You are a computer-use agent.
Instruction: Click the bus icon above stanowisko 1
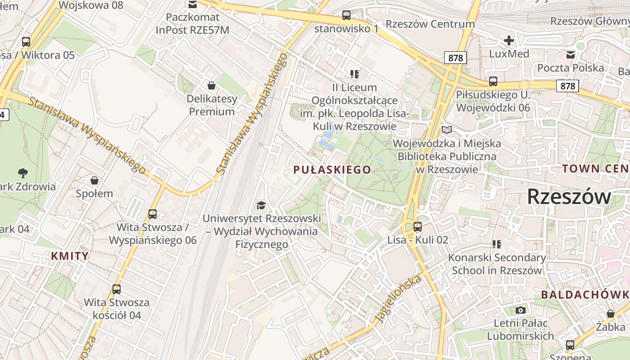[346, 15]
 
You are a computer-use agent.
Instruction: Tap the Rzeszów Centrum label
[430, 24]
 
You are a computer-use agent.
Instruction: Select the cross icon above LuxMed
[508, 41]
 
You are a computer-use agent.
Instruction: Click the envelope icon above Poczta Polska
[571, 55]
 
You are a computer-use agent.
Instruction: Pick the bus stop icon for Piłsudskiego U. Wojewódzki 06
[493, 81]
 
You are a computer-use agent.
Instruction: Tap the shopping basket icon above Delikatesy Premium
[211, 85]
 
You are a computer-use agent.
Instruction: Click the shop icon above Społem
[94, 180]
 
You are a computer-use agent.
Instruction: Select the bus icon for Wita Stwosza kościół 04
[117, 289]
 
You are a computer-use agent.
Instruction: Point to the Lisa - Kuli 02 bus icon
[418, 227]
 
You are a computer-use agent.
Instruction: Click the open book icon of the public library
[446, 130]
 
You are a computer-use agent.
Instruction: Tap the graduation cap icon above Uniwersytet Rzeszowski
[261, 206]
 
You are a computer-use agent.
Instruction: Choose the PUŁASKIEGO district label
[332, 170]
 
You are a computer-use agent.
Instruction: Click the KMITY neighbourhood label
[70, 256]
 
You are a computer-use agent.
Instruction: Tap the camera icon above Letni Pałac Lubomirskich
[521, 310]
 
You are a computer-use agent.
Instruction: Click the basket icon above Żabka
[611, 314]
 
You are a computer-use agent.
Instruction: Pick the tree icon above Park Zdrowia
[22, 173]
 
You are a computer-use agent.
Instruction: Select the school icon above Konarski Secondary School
[497, 244]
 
